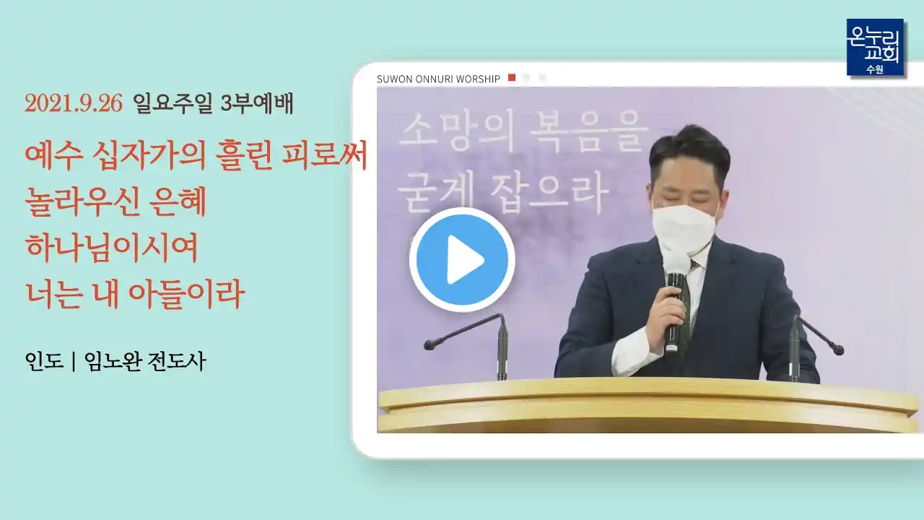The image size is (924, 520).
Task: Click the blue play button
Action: (x=462, y=259)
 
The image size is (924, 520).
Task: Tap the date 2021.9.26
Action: (x=74, y=103)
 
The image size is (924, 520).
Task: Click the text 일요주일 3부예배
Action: (x=213, y=103)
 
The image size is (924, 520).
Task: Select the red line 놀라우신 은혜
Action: (x=115, y=202)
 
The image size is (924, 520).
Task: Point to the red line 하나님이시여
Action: (x=112, y=248)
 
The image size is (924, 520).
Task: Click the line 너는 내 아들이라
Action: (x=135, y=294)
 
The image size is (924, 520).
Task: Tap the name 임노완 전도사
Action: (x=145, y=362)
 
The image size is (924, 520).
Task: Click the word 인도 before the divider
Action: (x=44, y=361)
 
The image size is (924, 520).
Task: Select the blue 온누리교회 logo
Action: (x=875, y=48)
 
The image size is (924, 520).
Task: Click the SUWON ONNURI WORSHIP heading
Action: (x=438, y=79)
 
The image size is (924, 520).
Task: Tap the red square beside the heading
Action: (x=512, y=77)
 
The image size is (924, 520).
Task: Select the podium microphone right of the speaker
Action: (x=814, y=347)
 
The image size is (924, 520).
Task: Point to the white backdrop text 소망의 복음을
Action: (x=523, y=131)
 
